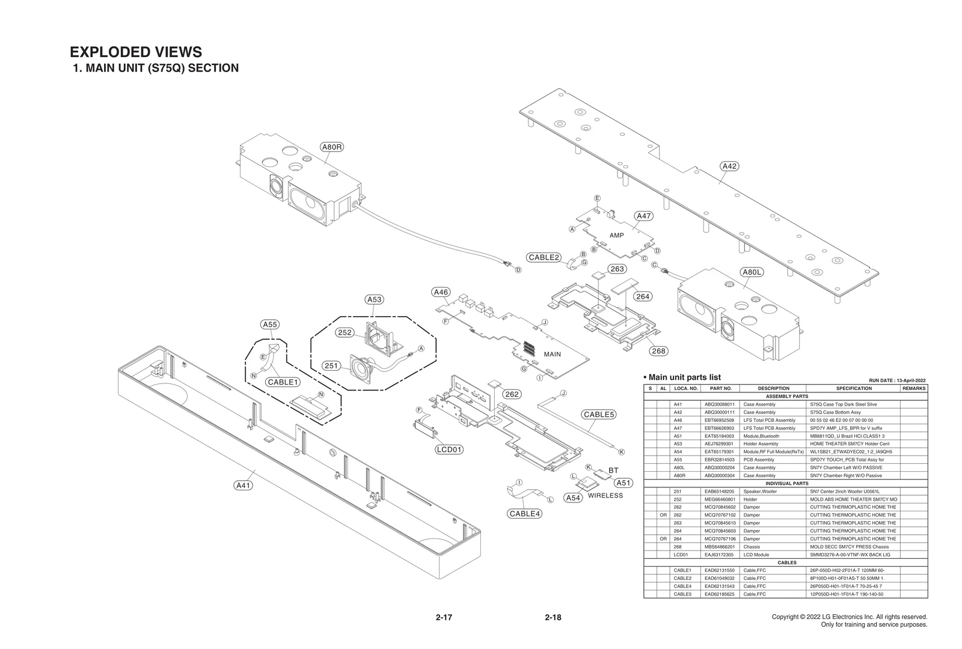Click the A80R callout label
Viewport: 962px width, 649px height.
pyautogui.click(x=332, y=147)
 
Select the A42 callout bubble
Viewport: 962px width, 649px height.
pyautogui.click(x=729, y=166)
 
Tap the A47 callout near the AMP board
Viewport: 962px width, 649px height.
pyautogui.click(x=643, y=216)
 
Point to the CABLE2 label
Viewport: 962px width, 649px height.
pyautogui.click(x=544, y=257)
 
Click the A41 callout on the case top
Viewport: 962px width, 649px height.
pyautogui.click(x=243, y=486)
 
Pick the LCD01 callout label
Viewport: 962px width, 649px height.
pyautogui.click(x=449, y=449)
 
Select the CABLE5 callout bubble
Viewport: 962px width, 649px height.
pyautogui.click(x=598, y=415)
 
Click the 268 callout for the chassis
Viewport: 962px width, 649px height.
pyautogui.click(x=658, y=351)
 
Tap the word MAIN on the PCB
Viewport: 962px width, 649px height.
pyautogui.click(x=552, y=354)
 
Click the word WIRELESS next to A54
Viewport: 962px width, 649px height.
pyautogui.click(x=605, y=496)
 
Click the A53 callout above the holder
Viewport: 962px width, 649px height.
pyautogui.click(x=374, y=299)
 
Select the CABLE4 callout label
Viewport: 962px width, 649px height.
pyautogui.click(x=524, y=514)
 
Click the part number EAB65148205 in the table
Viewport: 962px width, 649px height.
pyautogui.click(x=719, y=492)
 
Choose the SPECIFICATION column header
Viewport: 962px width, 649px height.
pyautogui.click(x=853, y=389)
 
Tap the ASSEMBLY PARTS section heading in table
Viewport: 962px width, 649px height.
pyautogui.click(x=786, y=397)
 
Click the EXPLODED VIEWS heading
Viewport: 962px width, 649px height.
pyautogui.click(x=136, y=52)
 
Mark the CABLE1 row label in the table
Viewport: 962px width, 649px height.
pyautogui.click(x=682, y=570)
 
